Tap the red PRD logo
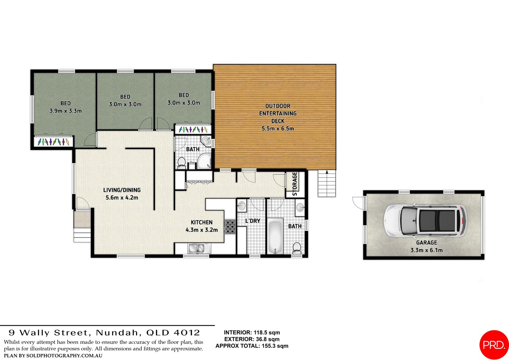point(494,345)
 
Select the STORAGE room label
point(295,184)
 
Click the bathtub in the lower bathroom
point(275,236)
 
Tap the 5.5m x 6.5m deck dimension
point(278,129)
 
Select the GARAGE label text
point(426,243)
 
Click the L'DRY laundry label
point(253,221)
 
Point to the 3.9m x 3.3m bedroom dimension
point(66,111)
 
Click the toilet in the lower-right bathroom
point(296,248)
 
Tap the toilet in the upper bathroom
point(182,162)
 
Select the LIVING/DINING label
point(122,190)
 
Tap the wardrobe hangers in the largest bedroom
point(53,141)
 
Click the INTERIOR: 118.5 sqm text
point(252,333)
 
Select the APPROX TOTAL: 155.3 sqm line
point(252,346)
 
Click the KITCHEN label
point(202,222)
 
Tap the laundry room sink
point(242,205)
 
